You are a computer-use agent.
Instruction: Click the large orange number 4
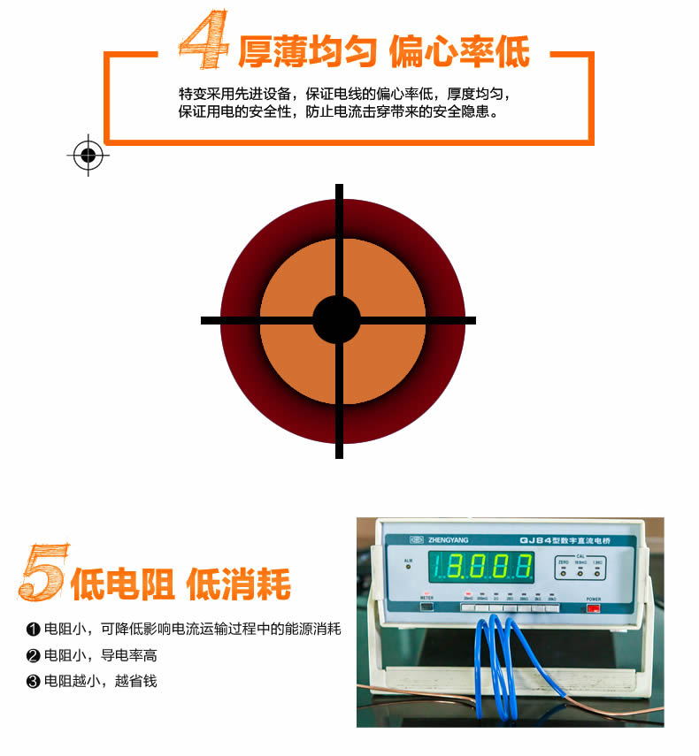[x=204, y=41]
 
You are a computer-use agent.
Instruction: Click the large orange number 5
[x=42, y=573]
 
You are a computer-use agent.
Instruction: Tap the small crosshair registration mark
[x=88, y=156]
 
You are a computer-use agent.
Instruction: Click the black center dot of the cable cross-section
[x=337, y=319]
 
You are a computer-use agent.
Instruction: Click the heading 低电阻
[x=123, y=584]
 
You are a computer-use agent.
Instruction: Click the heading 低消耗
[x=239, y=584]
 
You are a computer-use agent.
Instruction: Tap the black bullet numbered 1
[x=34, y=630]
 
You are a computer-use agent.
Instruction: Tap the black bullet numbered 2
[x=34, y=656]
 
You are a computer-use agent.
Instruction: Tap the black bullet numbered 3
[x=34, y=682]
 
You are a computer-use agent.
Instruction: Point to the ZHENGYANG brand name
[x=449, y=540]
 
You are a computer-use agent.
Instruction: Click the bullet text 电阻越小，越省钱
[x=101, y=682]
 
